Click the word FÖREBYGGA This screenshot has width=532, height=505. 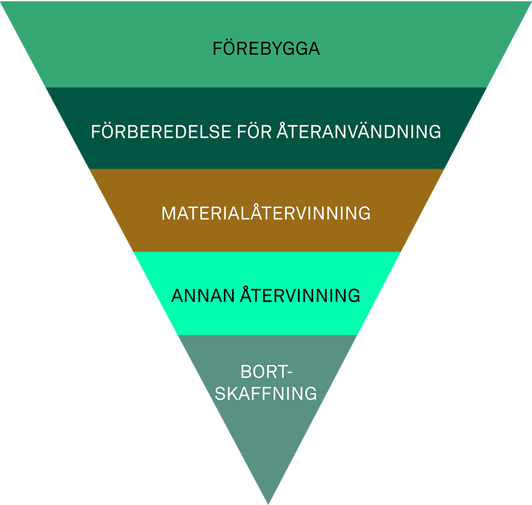266,48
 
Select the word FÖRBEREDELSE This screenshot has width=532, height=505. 161,131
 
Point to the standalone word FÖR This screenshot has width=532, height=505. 254,131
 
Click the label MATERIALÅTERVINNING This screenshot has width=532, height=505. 266,214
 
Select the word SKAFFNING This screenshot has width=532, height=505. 266,393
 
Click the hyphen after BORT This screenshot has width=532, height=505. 290,373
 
